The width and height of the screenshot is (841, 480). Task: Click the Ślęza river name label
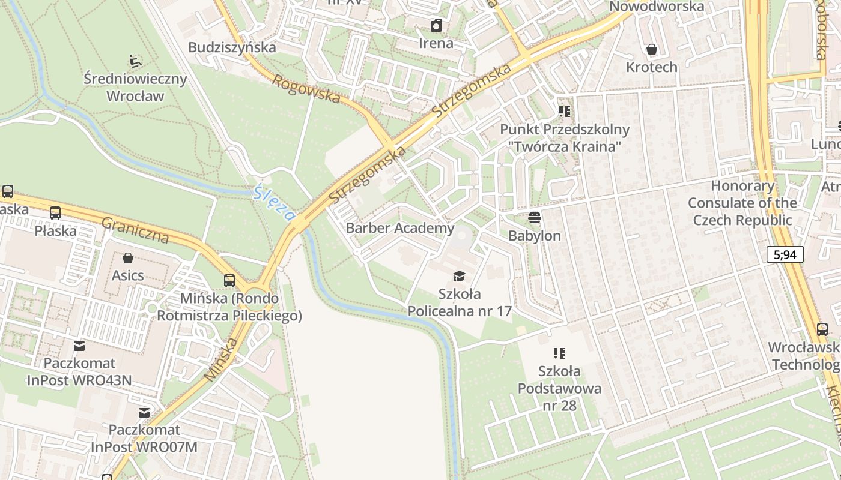pos(275,203)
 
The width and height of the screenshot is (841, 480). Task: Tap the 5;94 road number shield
pos(785,254)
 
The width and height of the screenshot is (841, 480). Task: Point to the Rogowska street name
pos(306,88)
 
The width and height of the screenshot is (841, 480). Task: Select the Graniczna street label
pos(135,230)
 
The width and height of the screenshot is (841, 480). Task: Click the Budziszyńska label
pos(232,47)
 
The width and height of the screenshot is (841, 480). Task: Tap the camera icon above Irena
pos(436,25)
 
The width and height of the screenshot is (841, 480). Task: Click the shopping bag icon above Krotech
pos(651,49)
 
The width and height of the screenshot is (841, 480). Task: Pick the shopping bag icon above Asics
pos(127,258)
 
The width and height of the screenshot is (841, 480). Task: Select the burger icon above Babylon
pos(535,217)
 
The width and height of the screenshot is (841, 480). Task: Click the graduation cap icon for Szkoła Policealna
pos(459,276)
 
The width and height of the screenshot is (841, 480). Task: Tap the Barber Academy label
pos(400,228)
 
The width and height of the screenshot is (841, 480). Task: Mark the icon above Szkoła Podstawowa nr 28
pos(559,353)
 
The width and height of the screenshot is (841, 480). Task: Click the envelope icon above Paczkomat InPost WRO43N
pos(79,346)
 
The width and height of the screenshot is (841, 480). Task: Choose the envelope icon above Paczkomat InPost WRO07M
pos(144,412)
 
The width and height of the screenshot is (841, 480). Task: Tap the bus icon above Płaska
pos(55,212)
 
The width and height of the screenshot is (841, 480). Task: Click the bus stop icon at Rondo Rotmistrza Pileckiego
pos(229,280)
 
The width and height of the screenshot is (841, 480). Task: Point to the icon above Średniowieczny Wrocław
pos(135,61)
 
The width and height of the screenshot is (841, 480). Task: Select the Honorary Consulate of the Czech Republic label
pos(742,203)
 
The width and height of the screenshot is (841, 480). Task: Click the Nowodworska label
pos(656,7)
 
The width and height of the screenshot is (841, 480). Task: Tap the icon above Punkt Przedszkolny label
pos(564,112)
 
